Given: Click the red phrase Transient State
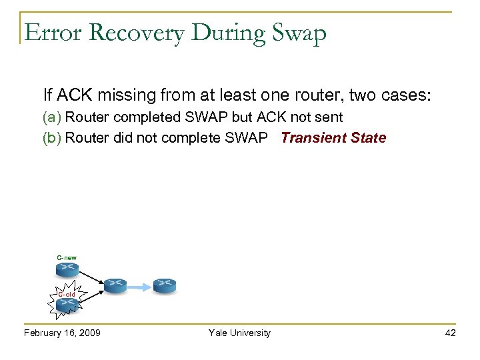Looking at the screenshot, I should tap(333, 138).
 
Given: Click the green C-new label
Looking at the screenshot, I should tap(67, 257).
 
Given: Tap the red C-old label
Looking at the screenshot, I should tap(66, 294).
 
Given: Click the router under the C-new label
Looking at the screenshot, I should tap(67, 269).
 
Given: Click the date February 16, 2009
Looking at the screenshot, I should tap(62, 333).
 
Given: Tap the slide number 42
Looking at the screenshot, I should tap(450, 333).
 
